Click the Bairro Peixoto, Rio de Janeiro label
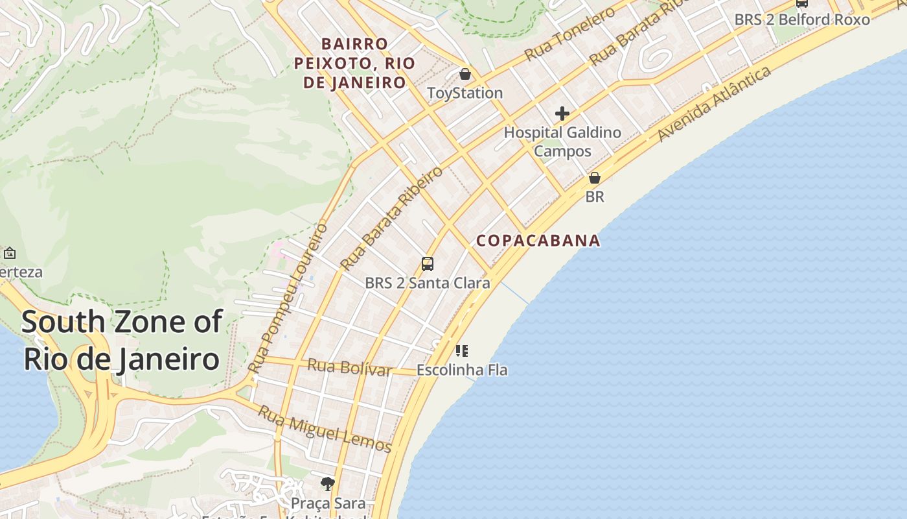pos(354,63)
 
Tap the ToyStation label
pos(465,93)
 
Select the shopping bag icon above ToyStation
pos(465,74)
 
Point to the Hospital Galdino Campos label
pos(562,141)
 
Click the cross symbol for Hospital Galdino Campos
pos(562,114)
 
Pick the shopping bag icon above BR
pos(595,178)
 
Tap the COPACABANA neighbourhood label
pos(538,241)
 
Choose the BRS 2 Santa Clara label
pos(428,283)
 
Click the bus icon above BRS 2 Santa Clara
pos(428,264)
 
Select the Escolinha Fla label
pos(462,370)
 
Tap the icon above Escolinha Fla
pos(462,352)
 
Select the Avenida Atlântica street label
pos(715,103)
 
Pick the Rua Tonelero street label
pos(569,34)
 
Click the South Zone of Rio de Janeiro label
pos(122,340)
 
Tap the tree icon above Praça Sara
pos(328,483)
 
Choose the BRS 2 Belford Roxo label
pos(802,19)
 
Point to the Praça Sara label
pos(328,503)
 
